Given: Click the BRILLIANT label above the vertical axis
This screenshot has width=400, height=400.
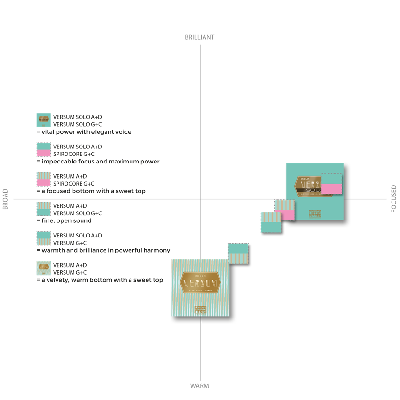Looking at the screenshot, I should click(x=200, y=37).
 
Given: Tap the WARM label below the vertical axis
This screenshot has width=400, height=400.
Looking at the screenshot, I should click(x=200, y=385).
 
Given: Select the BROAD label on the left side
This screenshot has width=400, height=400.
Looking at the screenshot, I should click(x=6, y=199).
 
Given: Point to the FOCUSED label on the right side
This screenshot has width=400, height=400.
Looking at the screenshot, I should click(x=394, y=199).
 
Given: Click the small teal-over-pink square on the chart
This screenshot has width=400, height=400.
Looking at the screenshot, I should click(x=331, y=183).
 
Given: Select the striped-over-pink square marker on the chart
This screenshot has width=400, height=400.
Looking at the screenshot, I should click(x=285, y=210).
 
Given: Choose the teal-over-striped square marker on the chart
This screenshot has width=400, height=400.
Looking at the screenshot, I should click(x=238, y=253).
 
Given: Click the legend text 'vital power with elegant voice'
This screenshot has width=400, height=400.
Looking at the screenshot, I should click(x=86, y=132).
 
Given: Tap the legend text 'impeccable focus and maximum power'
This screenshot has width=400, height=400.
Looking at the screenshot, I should click(x=100, y=162).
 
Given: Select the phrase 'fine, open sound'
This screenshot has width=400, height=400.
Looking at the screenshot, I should click(x=66, y=221).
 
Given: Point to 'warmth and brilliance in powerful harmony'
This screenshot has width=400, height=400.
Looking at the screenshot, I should click(x=105, y=251).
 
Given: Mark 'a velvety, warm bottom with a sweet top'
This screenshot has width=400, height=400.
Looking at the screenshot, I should click(x=102, y=280).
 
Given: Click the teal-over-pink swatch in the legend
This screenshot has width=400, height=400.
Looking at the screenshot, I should click(x=43, y=150).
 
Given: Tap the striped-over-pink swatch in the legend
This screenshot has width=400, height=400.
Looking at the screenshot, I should click(x=43, y=180).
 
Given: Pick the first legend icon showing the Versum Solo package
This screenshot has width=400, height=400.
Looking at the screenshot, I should click(x=43, y=120).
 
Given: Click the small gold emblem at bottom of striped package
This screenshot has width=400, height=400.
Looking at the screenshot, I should click(x=200, y=310).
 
